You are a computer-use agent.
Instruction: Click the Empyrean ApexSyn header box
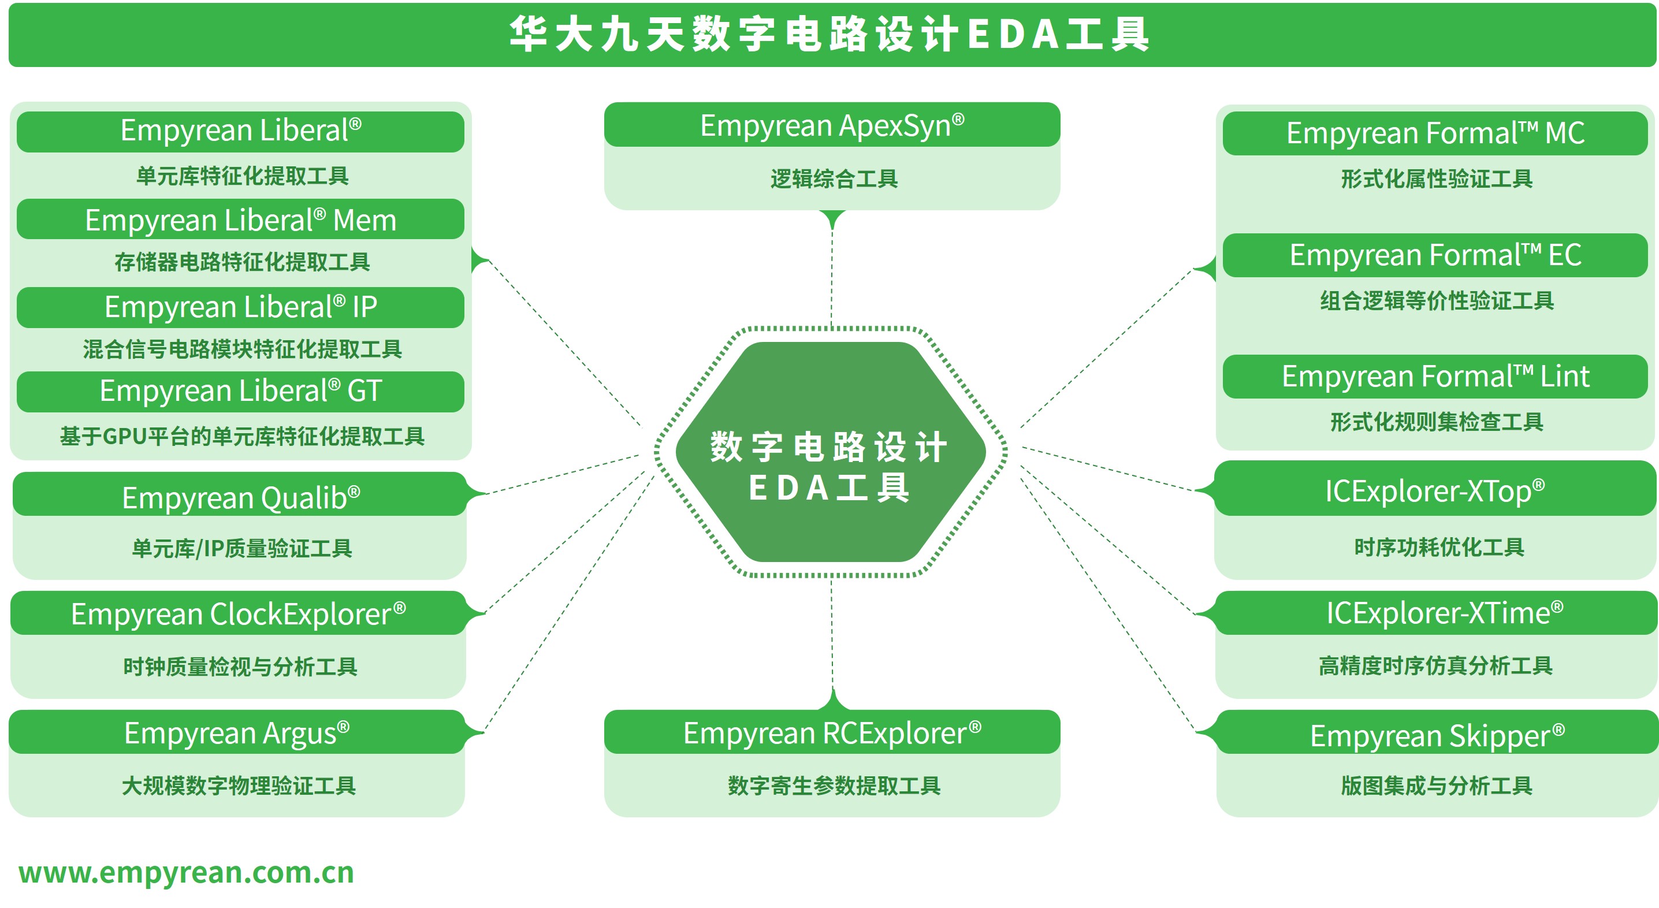[831, 125]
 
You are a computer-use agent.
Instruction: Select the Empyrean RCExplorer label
[831, 732]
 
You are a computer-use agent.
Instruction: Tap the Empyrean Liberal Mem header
[240, 219]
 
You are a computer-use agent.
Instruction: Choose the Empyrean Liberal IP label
[240, 307]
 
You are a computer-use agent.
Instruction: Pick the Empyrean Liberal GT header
[240, 391]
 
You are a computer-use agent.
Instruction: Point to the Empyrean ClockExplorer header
[239, 613]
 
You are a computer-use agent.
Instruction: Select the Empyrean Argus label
[237, 732]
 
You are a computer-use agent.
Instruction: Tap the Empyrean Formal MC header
[1435, 133]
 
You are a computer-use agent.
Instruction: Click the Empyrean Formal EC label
[1435, 255]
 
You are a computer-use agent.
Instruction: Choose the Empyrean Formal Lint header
[1435, 377]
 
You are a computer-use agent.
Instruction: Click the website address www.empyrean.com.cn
[186, 873]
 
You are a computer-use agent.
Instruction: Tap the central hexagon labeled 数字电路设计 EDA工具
[830, 452]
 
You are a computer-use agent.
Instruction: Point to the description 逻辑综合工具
[834, 178]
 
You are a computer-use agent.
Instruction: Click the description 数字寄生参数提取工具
[834, 786]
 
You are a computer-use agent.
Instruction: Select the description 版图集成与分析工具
[1436, 786]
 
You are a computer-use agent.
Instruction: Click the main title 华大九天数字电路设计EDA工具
[830, 34]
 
